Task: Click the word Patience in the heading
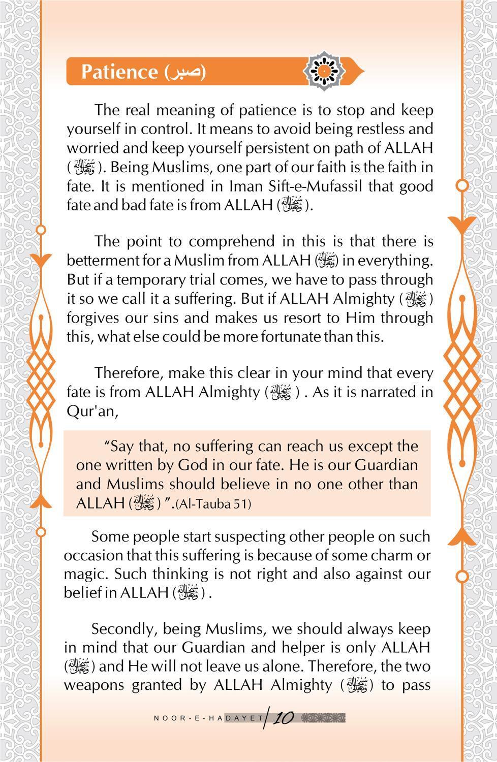click(x=119, y=72)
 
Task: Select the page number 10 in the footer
click(x=283, y=718)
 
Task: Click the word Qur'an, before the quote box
click(x=92, y=411)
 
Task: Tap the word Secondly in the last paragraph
click(x=123, y=629)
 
